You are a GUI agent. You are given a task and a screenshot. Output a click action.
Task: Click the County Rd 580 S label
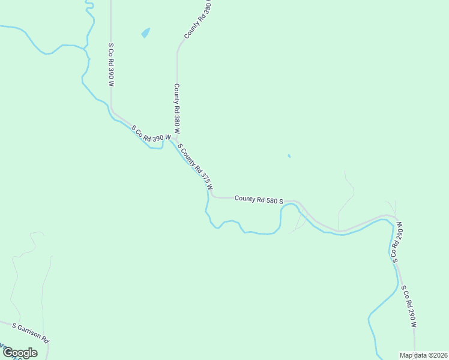[259, 199]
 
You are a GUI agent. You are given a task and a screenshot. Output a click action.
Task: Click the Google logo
[20, 353]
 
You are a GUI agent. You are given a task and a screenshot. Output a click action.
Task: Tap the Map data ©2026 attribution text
[423, 355]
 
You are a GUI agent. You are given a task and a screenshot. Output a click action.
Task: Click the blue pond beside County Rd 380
[145, 32]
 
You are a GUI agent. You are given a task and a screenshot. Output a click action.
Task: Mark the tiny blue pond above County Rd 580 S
[289, 157]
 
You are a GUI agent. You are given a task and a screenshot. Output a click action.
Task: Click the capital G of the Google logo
[8, 353]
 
